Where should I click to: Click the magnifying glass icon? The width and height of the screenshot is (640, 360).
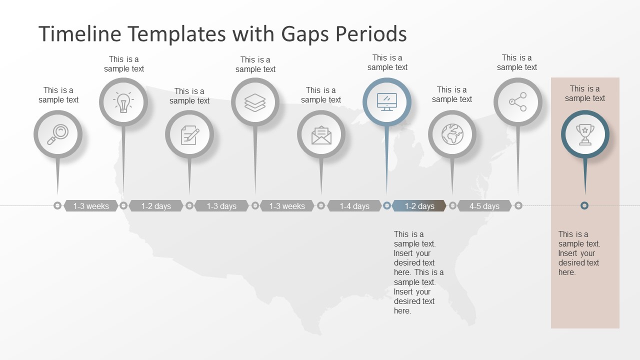tap(58, 134)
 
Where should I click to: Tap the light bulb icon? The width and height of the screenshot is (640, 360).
tap(123, 102)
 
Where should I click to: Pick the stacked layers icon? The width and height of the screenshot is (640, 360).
tap(255, 102)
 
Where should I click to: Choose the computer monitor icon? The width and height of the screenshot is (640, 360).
tap(386, 102)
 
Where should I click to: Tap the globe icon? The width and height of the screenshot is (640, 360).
tap(452, 134)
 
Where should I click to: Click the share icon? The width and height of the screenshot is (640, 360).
tap(517, 102)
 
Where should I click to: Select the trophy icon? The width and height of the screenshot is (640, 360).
tap(585, 134)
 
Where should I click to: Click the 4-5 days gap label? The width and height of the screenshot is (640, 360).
tap(484, 206)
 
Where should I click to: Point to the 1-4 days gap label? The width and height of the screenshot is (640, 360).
tap(354, 206)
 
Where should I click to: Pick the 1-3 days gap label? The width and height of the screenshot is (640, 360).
tap(221, 206)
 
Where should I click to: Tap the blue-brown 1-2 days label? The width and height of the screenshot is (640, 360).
tap(419, 206)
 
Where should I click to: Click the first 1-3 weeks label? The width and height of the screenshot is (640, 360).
tap(91, 206)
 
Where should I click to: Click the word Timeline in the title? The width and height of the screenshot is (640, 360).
tap(80, 34)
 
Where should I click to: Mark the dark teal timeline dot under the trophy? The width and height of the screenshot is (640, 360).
tap(584, 205)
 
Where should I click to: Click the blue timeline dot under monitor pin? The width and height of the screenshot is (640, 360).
tap(386, 205)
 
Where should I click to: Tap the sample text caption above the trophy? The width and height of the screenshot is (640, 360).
tap(585, 93)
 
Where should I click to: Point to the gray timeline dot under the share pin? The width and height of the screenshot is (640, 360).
tap(518, 205)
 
